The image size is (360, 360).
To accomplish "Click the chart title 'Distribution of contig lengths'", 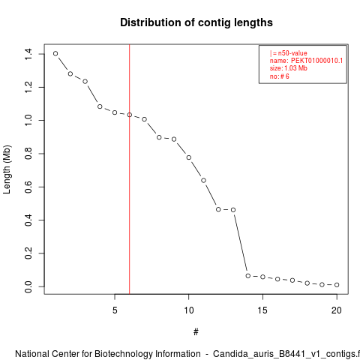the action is pyautogui.click(x=196, y=22).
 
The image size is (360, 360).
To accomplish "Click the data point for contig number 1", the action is pyautogui.click(x=55, y=53).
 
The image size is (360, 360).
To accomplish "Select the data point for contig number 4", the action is pyautogui.click(x=100, y=106).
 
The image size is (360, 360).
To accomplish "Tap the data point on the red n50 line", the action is pyautogui.click(x=130, y=115).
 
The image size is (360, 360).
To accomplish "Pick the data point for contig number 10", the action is pyautogui.click(x=189, y=157).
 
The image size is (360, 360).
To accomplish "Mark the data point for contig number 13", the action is pyautogui.click(x=233, y=210).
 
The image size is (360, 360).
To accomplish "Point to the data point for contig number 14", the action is pyautogui.click(x=248, y=276).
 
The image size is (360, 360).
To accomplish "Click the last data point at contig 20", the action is pyautogui.click(x=337, y=285).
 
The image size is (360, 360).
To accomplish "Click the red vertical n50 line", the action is pyautogui.click(x=130, y=169).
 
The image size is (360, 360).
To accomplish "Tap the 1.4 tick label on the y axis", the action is pyautogui.click(x=28, y=54).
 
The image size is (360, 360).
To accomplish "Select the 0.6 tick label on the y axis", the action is pyautogui.click(x=28, y=187).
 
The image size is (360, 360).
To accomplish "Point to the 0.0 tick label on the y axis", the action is pyautogui.click(x=28, y=286).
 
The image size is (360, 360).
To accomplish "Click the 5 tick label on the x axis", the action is pyautogui.click(x=115, y=310).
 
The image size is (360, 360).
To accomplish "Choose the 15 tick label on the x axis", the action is pyautogui.click(x=262, y=310).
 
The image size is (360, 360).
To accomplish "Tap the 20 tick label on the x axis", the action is pyautogui.click(x=337, y=310).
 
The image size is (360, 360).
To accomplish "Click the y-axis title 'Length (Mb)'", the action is pyautogui.click(x=7, y=169).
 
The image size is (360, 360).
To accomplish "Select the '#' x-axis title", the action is pyautogui.click(x=196, y=332).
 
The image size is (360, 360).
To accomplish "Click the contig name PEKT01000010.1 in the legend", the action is pyautogui.click(x=316, y=61).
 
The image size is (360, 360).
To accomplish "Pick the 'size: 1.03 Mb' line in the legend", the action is pyautogui.click(x=289, y=68).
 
